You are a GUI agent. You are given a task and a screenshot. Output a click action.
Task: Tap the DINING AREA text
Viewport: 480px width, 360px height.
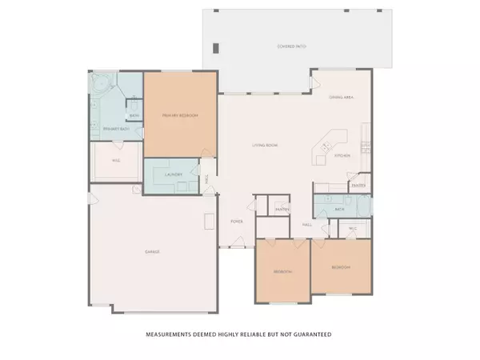click(342, 98)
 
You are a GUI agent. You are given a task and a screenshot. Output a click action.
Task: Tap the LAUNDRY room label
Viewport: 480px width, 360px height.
click(174, 174)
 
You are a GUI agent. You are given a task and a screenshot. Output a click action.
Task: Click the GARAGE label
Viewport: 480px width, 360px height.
click(152, 252)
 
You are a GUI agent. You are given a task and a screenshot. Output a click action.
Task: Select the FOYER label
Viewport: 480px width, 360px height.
click(237, 220)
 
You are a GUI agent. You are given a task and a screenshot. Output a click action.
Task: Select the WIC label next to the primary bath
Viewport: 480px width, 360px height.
click(116, 161)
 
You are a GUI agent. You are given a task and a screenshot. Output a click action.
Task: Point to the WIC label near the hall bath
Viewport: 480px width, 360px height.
click(353, 228)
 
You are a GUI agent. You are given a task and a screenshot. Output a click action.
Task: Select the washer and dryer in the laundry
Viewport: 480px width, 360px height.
click(183, 186)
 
